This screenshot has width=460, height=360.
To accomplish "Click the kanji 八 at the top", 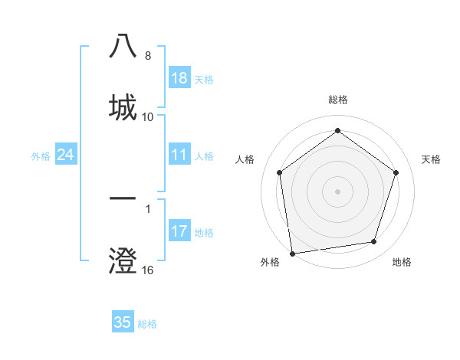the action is click(x=123, y=46).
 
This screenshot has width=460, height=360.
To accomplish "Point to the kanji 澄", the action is click(x=123, y=260).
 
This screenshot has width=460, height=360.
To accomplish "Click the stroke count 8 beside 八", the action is click(x=148, y=56).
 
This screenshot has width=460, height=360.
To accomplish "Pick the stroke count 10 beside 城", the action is click(x=148, y=116).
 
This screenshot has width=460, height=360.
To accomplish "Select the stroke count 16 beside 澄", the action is click(x=148, y=270).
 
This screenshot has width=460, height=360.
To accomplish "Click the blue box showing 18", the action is click(x=179, y=78).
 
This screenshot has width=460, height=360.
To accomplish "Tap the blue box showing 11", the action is click(x=179, y=155).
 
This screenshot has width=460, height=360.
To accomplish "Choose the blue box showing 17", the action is click(x=179, y=231).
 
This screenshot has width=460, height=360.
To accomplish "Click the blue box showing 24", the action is click(x=65, y=155).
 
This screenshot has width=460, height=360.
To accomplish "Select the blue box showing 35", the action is click(x=123, y=322).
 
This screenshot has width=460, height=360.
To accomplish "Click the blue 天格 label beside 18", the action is click(x=204, y=79).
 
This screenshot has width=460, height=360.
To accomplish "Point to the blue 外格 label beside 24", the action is click(x=41, y=156).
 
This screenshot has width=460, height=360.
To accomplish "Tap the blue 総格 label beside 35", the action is click(x=147, y=323).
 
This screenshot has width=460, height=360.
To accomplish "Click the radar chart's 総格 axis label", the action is click(x=338, y=100).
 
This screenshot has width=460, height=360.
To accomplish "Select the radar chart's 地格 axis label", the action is click(x=402, y=262).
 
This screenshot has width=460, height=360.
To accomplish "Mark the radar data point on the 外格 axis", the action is click(x=292, y=253).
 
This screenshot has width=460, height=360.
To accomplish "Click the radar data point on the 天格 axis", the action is click(x=396, y=172).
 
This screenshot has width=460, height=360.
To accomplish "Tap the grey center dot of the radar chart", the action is click(x=338, y=191).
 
